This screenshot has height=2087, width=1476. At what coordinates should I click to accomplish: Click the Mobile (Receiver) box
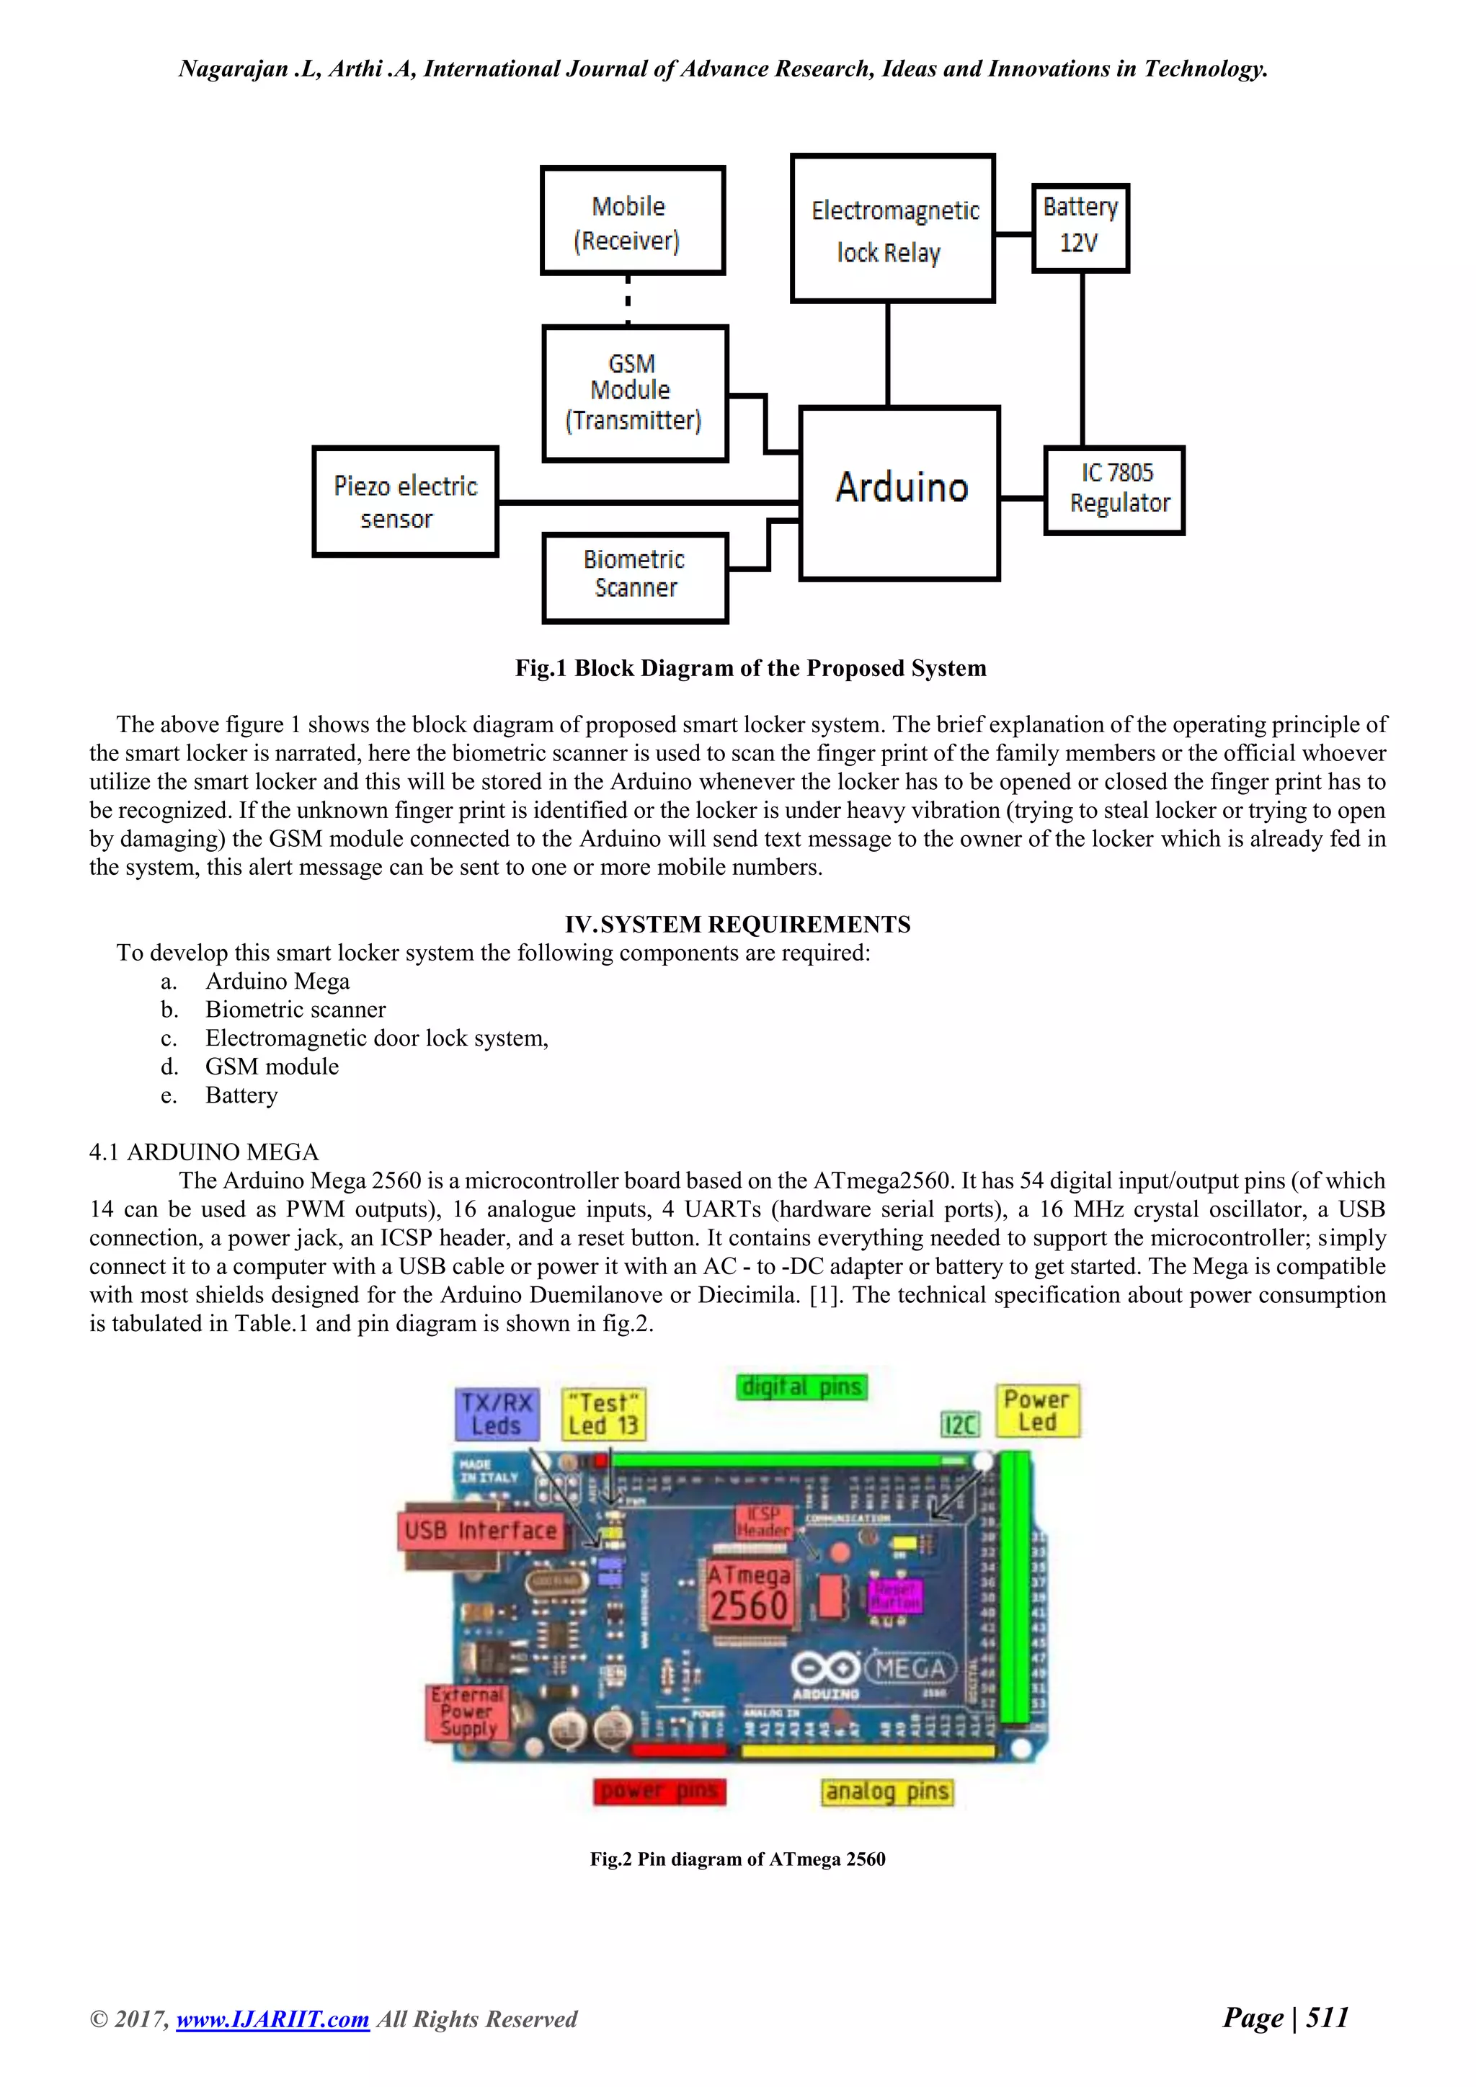pos(633,221)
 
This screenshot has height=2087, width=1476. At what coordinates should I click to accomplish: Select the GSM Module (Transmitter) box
pos(634,393)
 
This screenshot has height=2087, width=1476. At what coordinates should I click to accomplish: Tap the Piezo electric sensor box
pos(405,502)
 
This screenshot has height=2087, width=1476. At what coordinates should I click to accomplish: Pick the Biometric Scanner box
pos(634,577)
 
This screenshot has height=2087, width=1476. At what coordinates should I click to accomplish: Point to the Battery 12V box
pos(1080,227)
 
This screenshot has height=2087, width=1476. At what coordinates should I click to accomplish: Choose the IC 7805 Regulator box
pos(1114,490)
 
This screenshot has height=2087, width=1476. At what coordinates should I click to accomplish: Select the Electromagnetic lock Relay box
pos(892,229)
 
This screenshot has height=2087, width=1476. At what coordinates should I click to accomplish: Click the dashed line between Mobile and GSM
pos(628,300)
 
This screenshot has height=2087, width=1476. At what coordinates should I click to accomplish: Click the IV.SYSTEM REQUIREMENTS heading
pos(737,925)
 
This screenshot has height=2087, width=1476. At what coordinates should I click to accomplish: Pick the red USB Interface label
pos(480,1531)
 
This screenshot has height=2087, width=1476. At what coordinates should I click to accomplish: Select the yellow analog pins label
pos(887,1792)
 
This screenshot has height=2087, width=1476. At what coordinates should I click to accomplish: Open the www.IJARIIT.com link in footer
pos(272,2019)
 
